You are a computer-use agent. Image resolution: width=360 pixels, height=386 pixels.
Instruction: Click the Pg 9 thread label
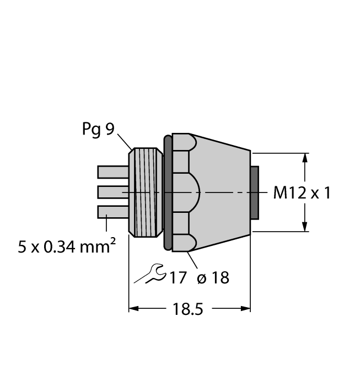98,129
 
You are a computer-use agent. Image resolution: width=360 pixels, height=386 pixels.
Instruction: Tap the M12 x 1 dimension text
302,193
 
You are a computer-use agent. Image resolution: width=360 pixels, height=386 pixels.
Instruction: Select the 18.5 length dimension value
188,309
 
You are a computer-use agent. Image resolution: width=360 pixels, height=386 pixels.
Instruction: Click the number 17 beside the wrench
178,278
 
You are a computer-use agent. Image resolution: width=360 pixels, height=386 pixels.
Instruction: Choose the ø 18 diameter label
213,278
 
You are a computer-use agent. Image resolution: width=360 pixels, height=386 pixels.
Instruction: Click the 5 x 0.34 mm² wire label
67,246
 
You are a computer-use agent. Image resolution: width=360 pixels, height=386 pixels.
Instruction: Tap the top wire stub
113,172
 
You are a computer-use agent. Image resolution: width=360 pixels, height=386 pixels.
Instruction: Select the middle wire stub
113,192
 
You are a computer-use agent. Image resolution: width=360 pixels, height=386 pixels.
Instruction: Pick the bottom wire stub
113,212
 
